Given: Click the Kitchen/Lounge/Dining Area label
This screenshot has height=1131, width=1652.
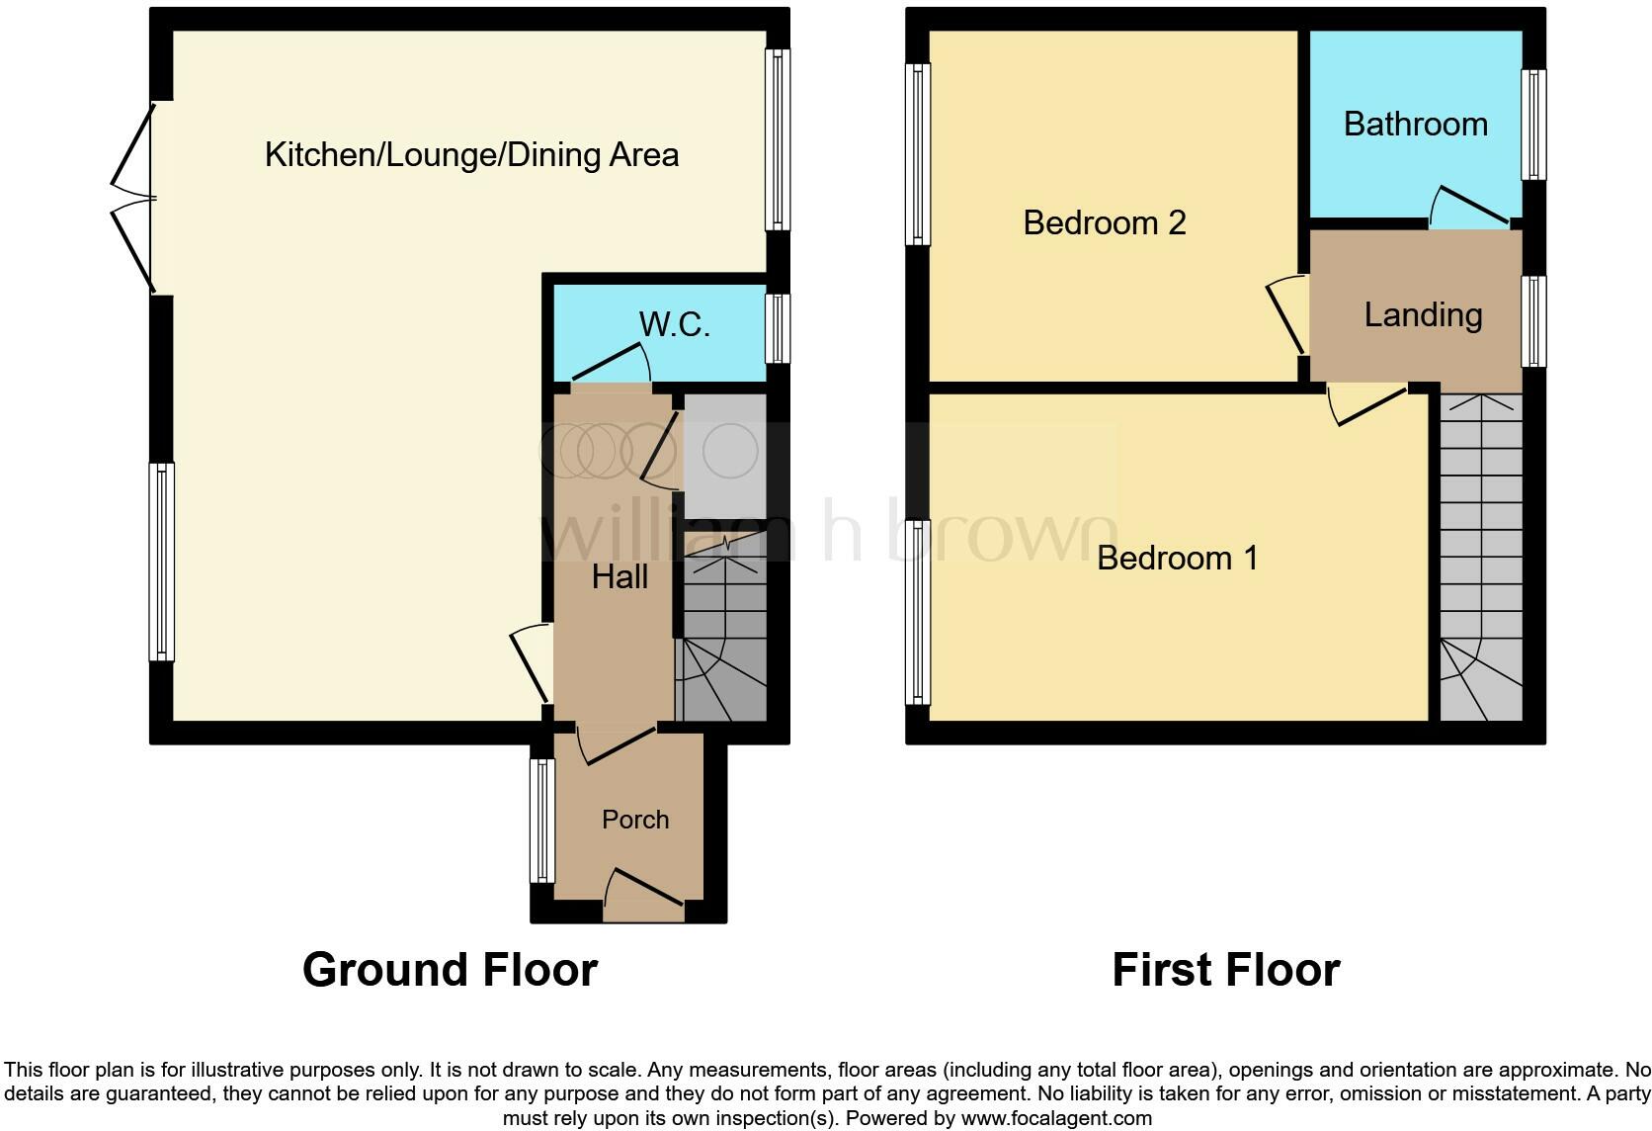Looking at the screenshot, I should tap(471, 155).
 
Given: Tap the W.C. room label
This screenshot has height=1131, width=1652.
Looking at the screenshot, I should tap(674, 324).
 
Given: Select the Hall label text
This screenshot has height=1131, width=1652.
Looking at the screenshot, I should tap(619, 577).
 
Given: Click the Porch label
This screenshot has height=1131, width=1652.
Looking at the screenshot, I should tap(635, 820).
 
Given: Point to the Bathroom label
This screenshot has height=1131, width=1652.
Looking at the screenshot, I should tap(1415, 125).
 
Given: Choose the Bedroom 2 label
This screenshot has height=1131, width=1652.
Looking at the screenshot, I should tap(1104, 222).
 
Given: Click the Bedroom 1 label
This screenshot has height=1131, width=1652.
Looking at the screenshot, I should tap(1177, 558).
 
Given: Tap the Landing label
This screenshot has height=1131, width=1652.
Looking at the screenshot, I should tap(1423, 315).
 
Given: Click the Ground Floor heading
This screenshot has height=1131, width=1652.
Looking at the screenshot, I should tap(450, 970).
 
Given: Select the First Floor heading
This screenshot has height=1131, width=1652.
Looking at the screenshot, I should tap(1225, 970).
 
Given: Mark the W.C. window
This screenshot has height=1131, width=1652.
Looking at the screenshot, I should tap(779, 328).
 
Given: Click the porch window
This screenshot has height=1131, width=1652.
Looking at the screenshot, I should tap(541, 821).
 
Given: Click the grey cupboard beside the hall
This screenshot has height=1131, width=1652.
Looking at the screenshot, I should tap(725, 456).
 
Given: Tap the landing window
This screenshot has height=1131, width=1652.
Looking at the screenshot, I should tap(1533, 321).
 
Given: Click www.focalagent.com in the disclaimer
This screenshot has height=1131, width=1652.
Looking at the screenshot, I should tap(1056, 1119).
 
